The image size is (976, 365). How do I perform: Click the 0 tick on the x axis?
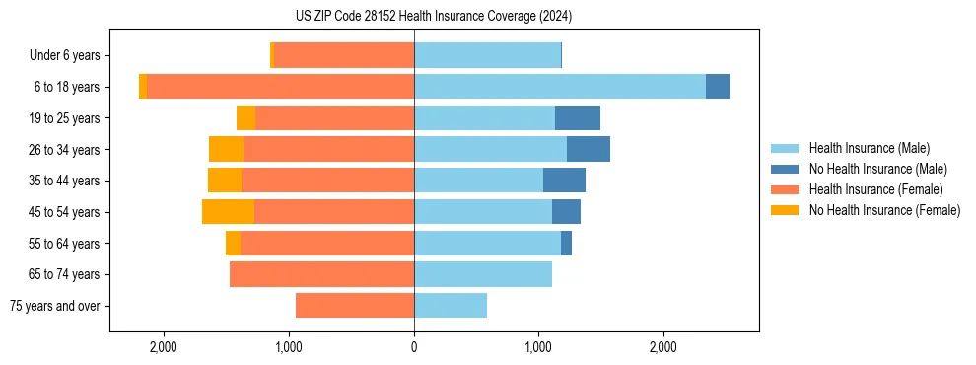[x=414, y=346]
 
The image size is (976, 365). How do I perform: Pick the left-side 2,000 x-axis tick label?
[x=164, y=346]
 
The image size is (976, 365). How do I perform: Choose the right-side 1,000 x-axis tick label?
[x=538, y=346]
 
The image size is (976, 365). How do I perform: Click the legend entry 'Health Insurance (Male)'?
[x=869, y=148]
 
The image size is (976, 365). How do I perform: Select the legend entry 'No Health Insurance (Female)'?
[x=884, y=210]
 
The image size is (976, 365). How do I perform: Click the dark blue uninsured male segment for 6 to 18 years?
[x=718, y=87]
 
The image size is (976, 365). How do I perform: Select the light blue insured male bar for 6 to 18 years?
[x=560, y=87]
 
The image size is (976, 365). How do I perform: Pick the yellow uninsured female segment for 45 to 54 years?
[x=228, y=212]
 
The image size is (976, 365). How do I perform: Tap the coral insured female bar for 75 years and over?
[x=355, y=306]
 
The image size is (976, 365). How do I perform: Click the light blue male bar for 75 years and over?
[x=451, y=306]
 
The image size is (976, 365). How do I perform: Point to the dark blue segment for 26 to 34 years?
[x=589, y=149]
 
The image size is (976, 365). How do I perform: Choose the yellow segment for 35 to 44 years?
[x=225, y=181]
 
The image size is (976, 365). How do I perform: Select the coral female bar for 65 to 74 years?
[x=321, y=274]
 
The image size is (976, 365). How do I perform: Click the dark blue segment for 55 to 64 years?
[x=566, y=243]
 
